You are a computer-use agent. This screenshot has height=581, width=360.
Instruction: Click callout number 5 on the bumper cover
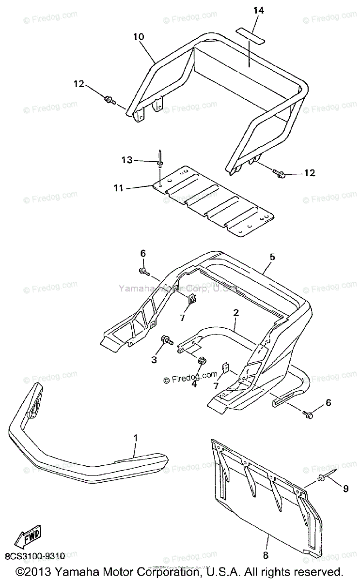click(x=272, y=257)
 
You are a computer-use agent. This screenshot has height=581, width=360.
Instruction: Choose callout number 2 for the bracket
click(x=236, y=313)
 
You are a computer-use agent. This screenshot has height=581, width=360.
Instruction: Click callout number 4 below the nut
click(x=194, y=384)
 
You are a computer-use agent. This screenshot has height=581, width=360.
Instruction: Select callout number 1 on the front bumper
click(x=136, y=438)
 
